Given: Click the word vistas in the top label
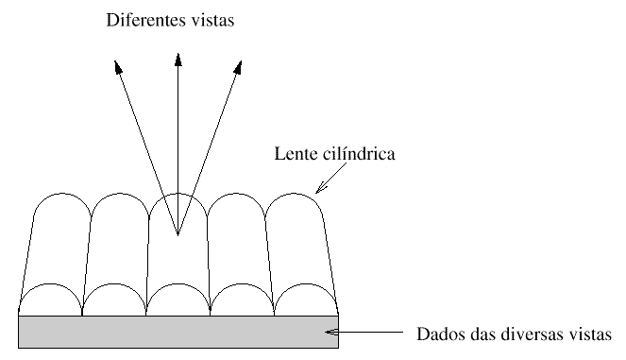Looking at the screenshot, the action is [x=212, y=20].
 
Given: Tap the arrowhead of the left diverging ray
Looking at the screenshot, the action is [x=117, y=67].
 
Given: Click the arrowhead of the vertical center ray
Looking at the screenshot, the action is [x=178, y=60].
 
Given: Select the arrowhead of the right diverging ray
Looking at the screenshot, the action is [x=238, y=67].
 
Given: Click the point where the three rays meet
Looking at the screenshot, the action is [x=178, y=235].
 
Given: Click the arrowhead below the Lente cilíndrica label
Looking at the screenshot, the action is [x=320, y=188].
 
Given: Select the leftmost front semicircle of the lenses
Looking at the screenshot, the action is [x=50, y=284].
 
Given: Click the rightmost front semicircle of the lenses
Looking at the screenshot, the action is [x=306, y=284].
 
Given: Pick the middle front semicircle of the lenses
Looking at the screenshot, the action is [x=178, y=284].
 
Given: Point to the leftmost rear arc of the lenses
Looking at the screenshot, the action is [x=62, y=194].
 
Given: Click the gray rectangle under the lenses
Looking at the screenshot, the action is [x=178, y=332].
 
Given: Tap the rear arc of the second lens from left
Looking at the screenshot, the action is [x=120, y=194].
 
